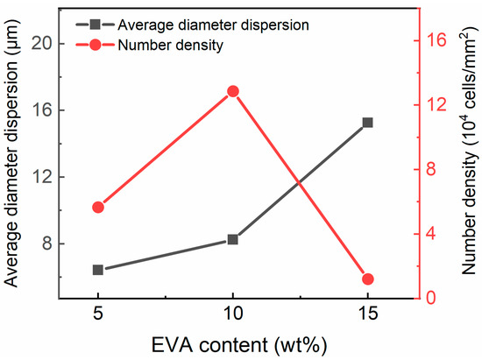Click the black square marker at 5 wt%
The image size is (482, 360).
coord(98,270)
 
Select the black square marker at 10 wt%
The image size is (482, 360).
coord(233,239)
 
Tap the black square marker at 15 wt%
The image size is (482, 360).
coord(368,123)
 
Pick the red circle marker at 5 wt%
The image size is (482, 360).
coord(98,207)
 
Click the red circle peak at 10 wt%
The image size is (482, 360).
coord(233,91)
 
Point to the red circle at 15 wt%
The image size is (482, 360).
coord(368,279)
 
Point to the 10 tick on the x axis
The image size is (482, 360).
coord(233,314)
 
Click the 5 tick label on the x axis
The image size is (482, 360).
coord(98,314)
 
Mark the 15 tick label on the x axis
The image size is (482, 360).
coord(368,314)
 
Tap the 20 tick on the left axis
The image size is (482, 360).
coord(42,43)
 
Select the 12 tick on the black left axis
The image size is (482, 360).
coord(42,176)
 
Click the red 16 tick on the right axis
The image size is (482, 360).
coord(437,39)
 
